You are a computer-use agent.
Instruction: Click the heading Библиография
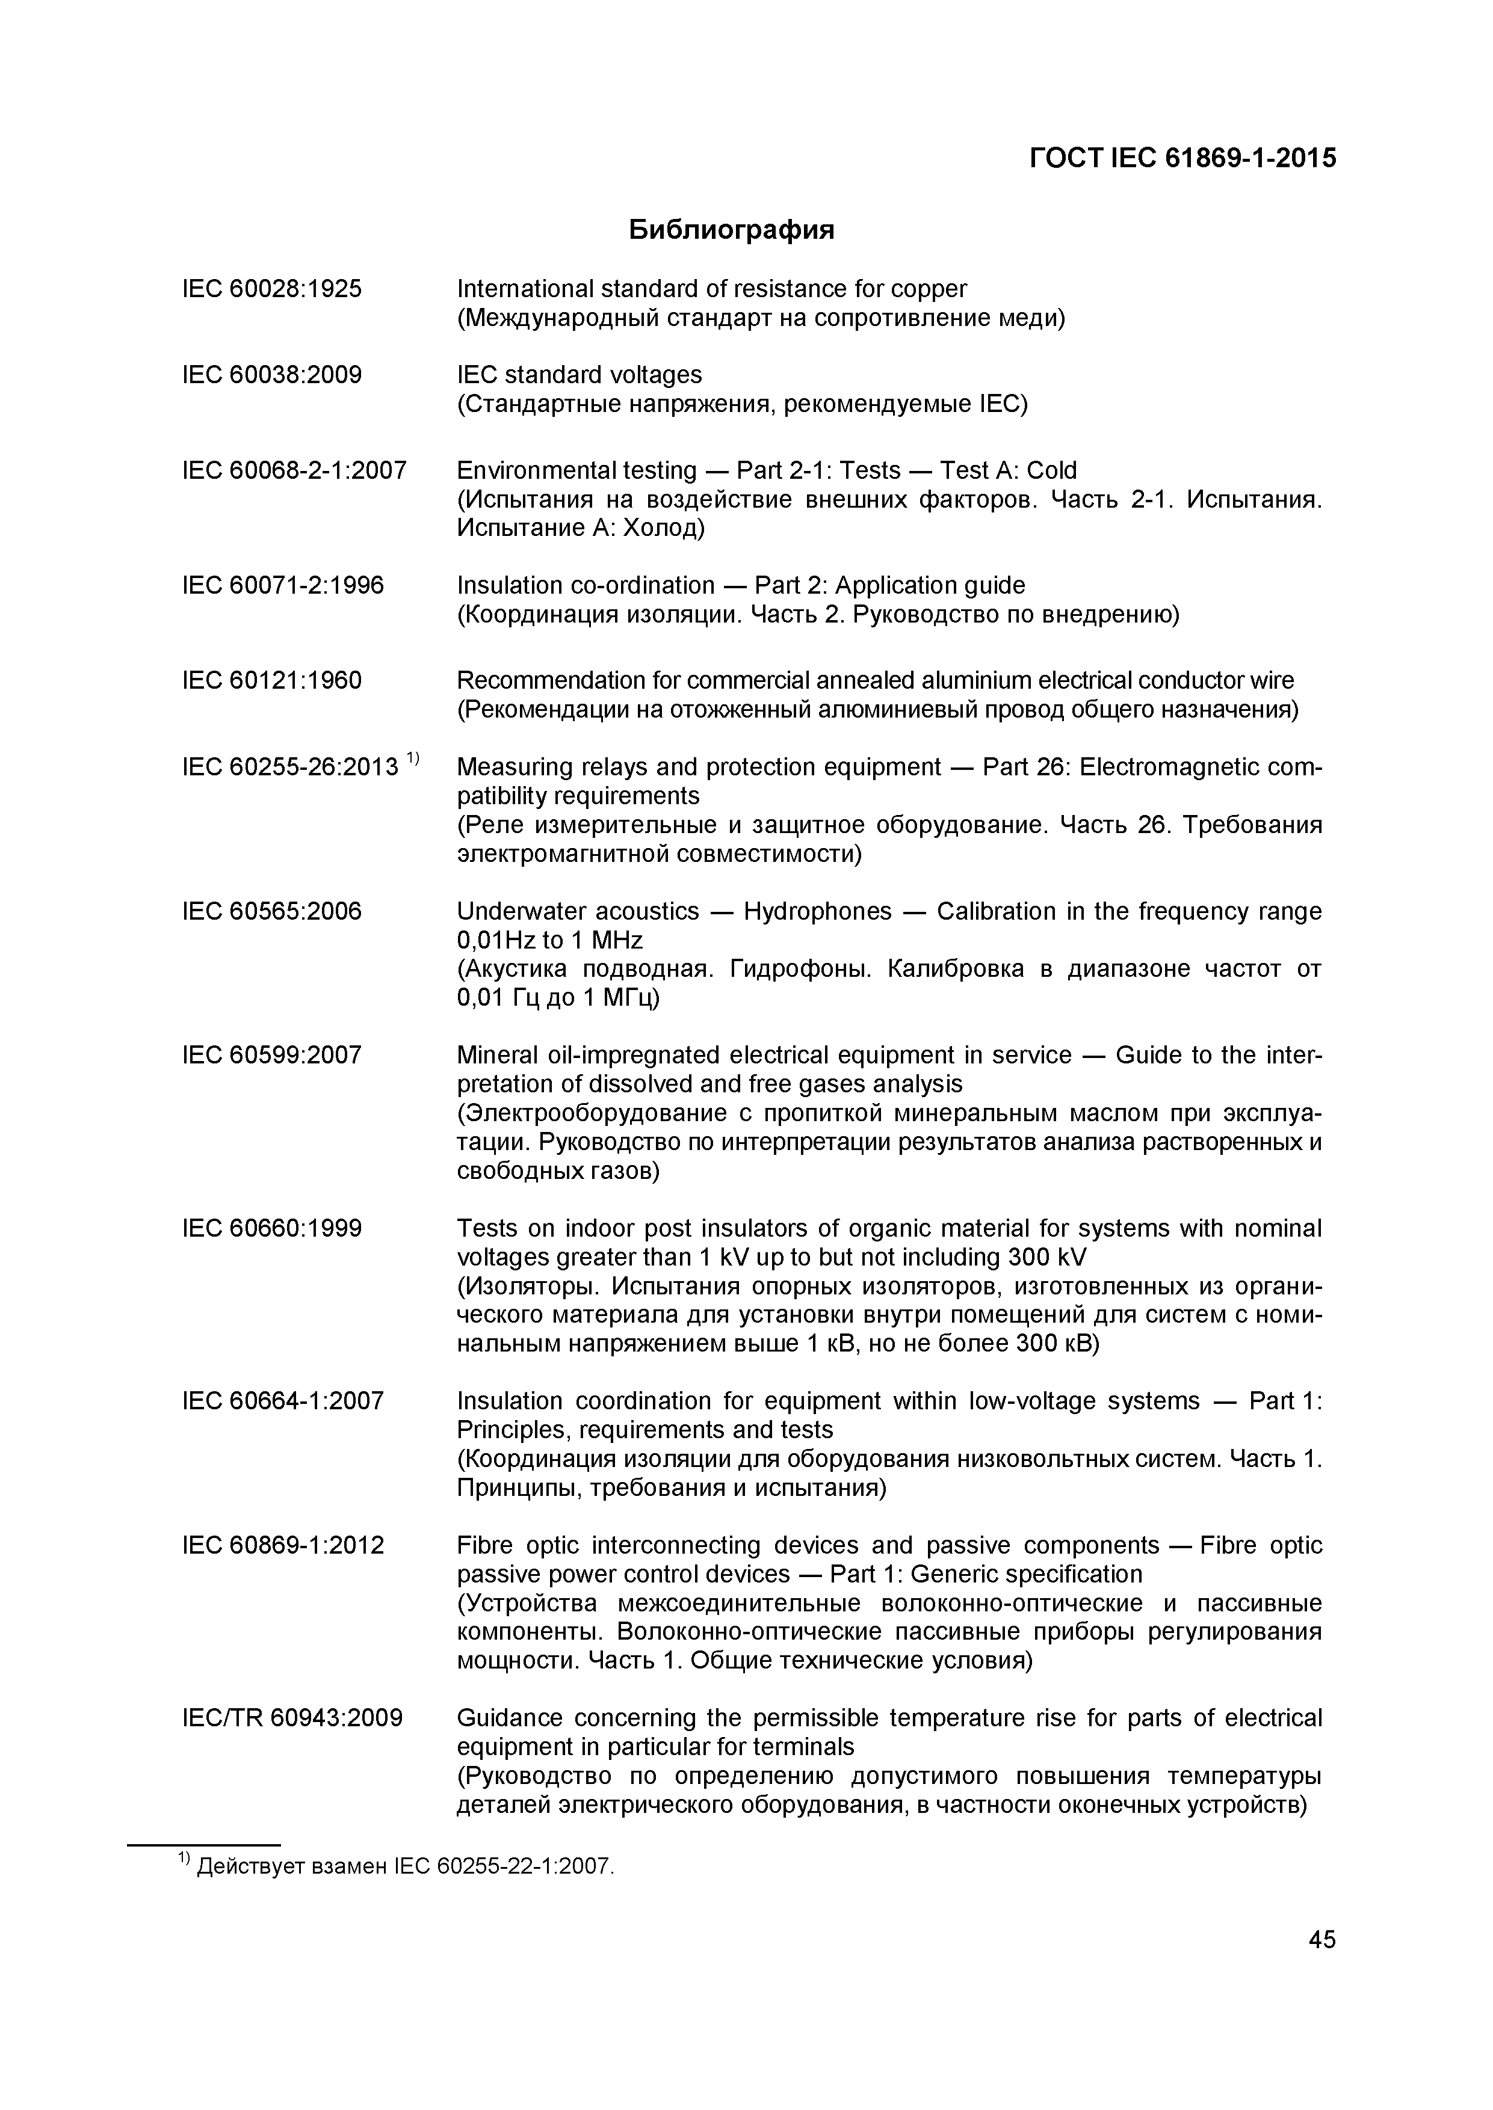coord(732,230)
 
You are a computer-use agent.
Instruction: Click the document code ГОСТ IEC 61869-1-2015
coord(1182,158)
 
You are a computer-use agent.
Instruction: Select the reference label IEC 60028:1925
coord(272,289)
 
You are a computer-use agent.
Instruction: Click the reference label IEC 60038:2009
coord(272,375)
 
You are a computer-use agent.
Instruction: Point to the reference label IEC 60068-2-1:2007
coord(294,470)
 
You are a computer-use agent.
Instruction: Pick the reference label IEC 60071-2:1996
coord(283,585)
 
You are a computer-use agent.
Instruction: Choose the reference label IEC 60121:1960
coord(272,681)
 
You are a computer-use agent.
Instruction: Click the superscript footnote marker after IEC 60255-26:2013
coord(413,759)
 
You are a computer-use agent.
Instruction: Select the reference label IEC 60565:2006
coord(272,912)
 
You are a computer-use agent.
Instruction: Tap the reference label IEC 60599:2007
coord(272,1055)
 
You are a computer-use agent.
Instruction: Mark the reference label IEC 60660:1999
coord(272,1229)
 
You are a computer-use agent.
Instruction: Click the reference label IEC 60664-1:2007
coord(283,1401)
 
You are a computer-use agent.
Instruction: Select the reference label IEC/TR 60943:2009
coord(292,1718)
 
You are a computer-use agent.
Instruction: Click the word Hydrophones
coord(817,912)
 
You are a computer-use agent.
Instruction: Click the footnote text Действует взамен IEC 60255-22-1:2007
coord(404,1866)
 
